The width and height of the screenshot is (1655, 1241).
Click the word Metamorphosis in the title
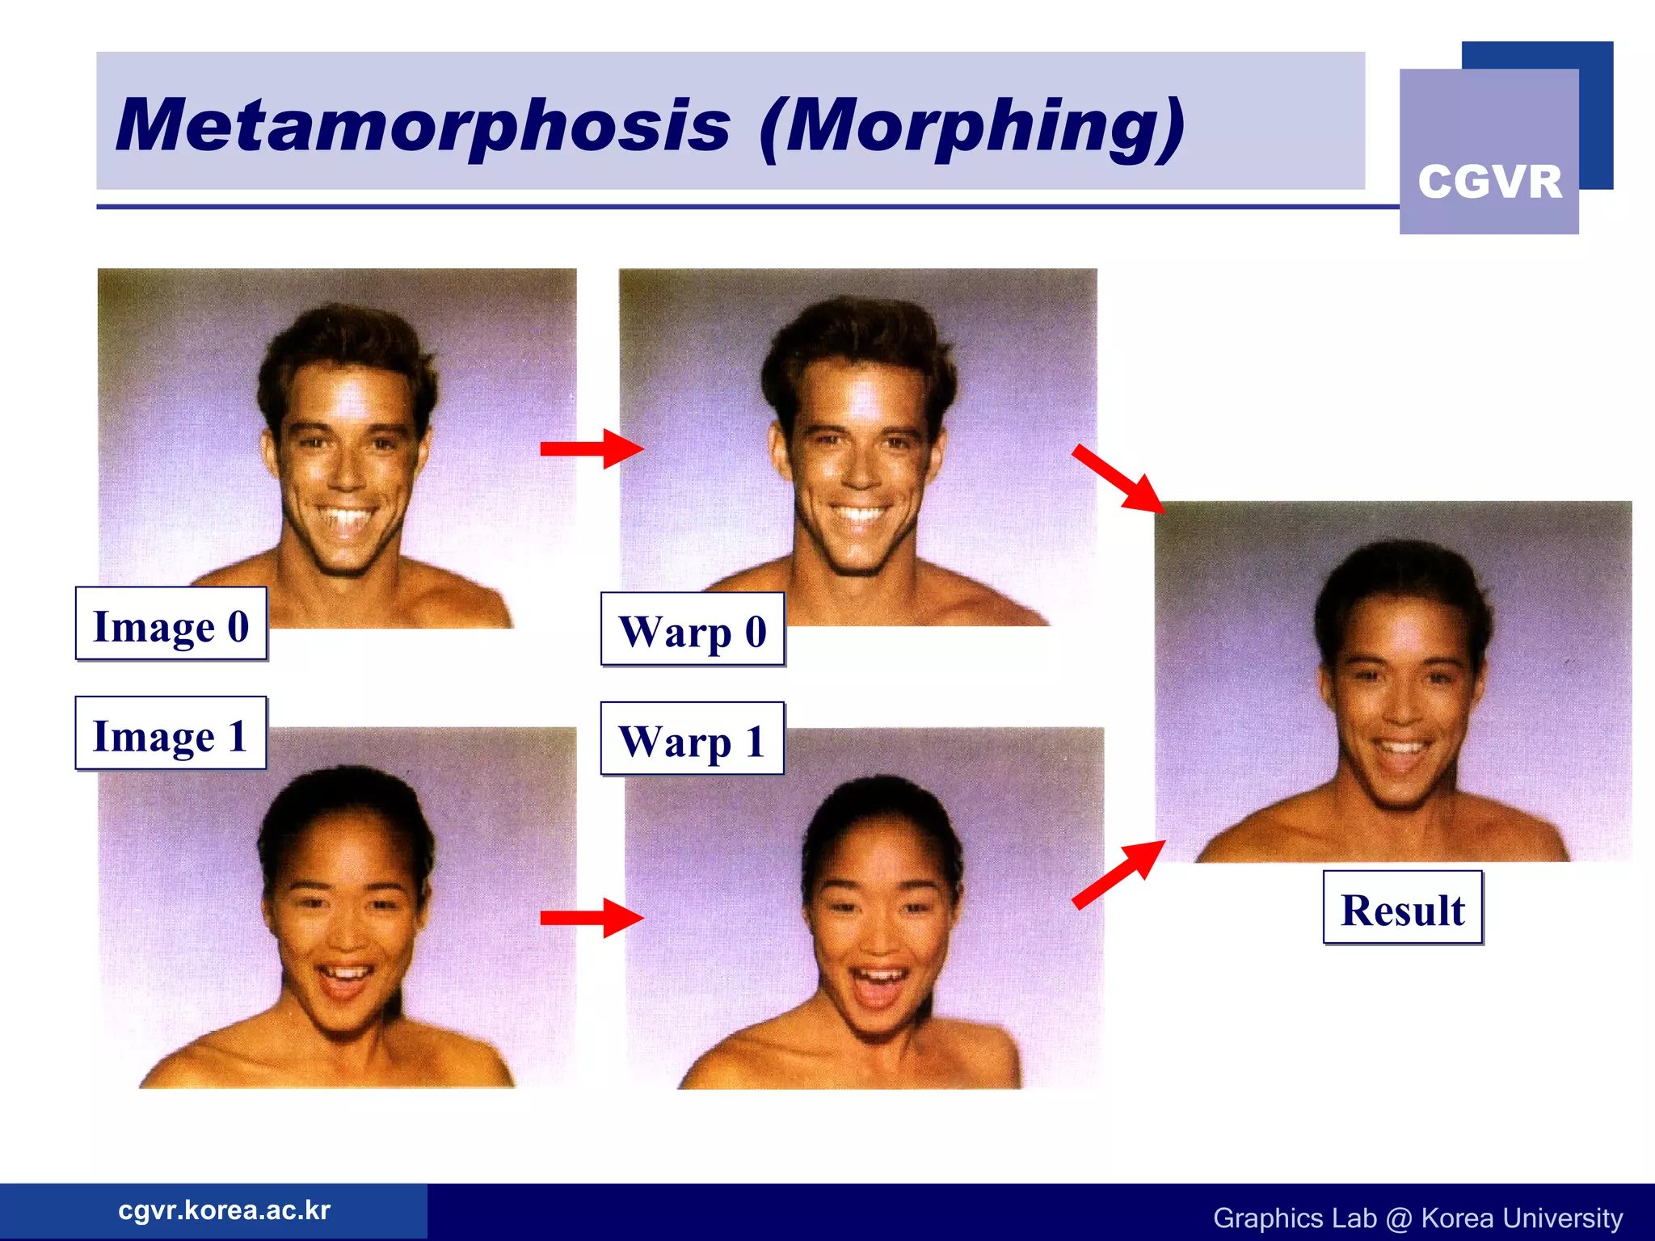pyautogui.click(x=423, y=125)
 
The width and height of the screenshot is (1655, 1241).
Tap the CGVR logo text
pyautogui.click(x=1489, y=181)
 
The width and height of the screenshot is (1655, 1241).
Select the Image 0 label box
pyautogui.click(x=171, y=624)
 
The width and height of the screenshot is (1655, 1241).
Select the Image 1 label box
pyautogui.click(x=171, y=734)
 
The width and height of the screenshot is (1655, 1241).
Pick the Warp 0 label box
pyautogui.click(x=693, y=629)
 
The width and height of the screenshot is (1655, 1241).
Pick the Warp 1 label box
pyautogui.click(x=693, y=739)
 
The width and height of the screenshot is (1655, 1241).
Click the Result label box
pyautogui.click(x=1403, y=907)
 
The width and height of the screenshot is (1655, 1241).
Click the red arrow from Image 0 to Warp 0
pyautogui.click(x=591, y=448)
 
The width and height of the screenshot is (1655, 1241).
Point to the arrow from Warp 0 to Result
pyautogui.click(x=1119, y=478)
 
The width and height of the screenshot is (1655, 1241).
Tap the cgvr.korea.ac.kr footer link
pyautogui.click(x=224, y=1209)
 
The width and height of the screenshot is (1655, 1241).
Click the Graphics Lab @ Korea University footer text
pyautogui.click(x=1417, y=1218)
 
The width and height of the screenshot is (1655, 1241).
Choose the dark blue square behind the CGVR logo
pyautogui.click(x=1596, y=113)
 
